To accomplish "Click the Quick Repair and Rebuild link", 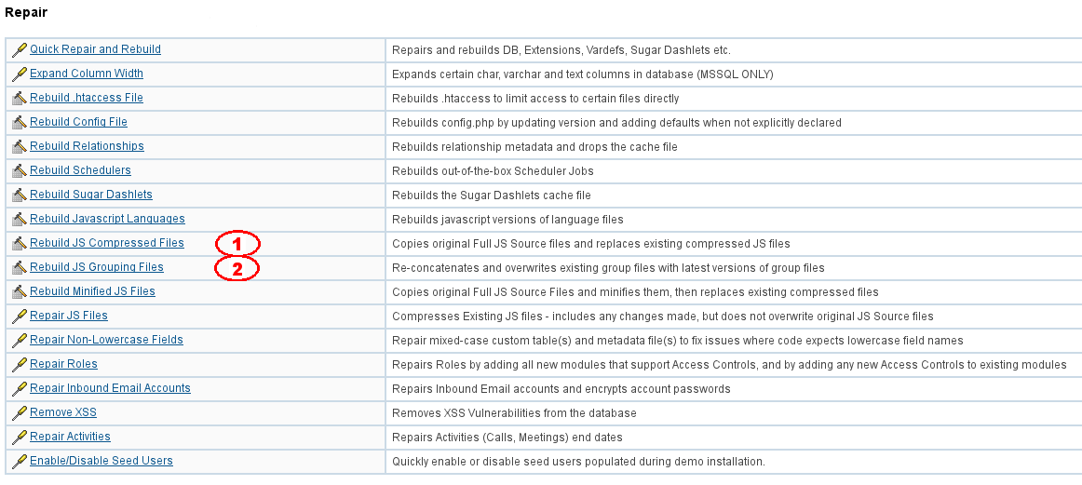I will (x=95, y=49).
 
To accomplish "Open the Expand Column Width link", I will (x=87, y=74).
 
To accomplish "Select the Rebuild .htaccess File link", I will (x=87, y=98).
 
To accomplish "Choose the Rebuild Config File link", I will (x=78, y=122).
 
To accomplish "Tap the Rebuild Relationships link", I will (x=87, y=146).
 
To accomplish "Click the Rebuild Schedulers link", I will (x=80, y=170).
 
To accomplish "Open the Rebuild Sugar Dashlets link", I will (x=91, y=195).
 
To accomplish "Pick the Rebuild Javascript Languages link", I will (x=107, y=219).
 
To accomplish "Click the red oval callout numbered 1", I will (x=237, y=244).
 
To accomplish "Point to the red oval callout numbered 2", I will (x=237, y=269).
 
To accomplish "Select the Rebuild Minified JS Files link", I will (x=92, y=291).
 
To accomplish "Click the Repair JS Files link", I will (x=69, y=316).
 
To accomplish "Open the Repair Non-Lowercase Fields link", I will (x=106, y=340).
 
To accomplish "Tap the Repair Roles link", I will (x=63, y=364).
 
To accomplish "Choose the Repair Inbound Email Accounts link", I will (x=110, y=388).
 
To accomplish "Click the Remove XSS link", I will (x=63, y=412).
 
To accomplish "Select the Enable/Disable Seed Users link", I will (x=101, y=461).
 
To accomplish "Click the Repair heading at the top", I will (x=26, y=13).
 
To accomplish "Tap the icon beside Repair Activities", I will (x=19, y=437).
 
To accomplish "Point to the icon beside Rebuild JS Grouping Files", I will (x=19, y=267).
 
